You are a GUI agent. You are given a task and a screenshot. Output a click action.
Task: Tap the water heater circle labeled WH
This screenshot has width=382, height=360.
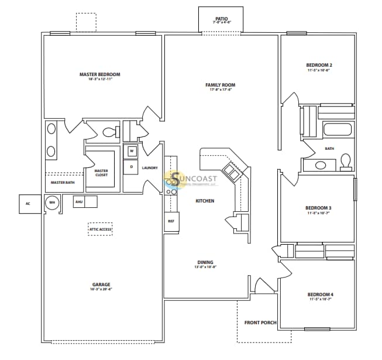coord(52,203)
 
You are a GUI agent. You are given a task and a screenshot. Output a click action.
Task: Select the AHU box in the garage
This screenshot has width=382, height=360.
coord(79,202)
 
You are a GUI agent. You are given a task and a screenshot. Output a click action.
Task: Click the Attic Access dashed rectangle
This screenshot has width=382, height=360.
coord(100,229)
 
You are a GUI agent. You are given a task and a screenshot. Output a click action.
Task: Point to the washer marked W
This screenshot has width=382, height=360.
coord(132,151)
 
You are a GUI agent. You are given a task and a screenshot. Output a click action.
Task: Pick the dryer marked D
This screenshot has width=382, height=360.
coord(132,167)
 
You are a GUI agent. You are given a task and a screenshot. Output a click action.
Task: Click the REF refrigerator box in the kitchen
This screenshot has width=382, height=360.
coord(171,222)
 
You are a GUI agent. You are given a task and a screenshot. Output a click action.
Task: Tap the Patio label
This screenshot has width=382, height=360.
coord(221,19)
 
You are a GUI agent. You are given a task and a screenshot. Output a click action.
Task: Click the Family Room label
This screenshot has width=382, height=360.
coord(220,85)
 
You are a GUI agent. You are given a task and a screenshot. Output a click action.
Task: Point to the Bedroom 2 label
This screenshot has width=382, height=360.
coord(319,65)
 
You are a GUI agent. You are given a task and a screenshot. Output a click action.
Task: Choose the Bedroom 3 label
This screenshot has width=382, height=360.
coord(319,208)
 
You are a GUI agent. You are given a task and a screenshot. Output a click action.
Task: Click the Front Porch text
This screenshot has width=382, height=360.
coord(260,323)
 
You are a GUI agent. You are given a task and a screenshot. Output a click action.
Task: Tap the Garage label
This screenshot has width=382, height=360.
coord(101,284)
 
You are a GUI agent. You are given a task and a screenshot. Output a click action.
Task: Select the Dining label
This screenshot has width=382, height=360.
coord(205,262)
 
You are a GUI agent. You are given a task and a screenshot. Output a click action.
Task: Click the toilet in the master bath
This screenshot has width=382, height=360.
coord(109,132)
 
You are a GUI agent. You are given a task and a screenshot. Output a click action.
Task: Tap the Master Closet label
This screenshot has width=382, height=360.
coord(101,173)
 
